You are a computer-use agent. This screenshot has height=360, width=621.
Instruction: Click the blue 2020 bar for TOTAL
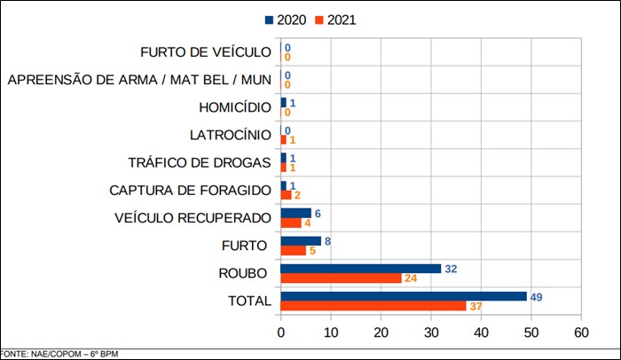(x=404, y=296)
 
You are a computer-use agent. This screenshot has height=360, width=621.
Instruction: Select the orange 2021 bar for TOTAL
(x=373, y=306)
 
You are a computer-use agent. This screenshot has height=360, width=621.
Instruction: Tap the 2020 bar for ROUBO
(x=361, y=269)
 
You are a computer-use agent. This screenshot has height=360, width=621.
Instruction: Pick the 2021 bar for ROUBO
(x=341, y=278)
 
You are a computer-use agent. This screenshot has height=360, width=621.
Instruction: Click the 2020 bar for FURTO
(x=301, y=240)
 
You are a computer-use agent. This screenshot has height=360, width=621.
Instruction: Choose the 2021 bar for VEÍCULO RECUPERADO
(x=291, y=223)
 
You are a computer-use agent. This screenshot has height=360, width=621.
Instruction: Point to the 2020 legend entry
(x=286, y=19)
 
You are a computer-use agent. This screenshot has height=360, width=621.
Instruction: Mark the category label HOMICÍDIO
(x=235, y=108)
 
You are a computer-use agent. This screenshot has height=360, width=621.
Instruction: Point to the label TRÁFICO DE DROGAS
(x=200, y=163)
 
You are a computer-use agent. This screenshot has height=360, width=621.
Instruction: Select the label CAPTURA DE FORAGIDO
(x=191, y=191)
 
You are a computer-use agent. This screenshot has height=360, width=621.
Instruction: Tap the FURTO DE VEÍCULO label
(x=206, y=53)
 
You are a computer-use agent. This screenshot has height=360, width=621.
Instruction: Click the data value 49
(x=536, y=296)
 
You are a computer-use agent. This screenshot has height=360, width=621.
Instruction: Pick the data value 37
(x=476, y=307)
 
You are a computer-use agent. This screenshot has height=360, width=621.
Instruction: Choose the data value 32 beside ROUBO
(x=451, y=268)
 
